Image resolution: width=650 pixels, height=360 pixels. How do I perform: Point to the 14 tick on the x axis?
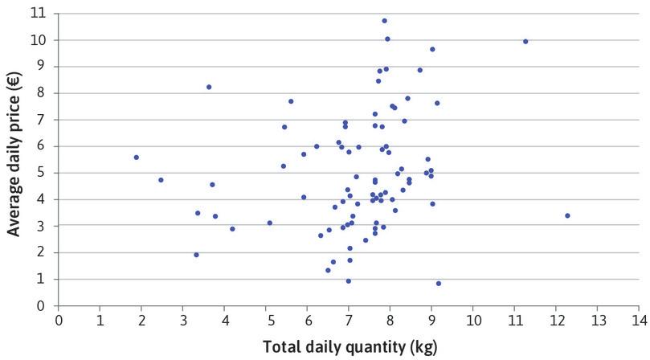click(638, 320)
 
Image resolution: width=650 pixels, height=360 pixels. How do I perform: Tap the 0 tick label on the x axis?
click(59, 320)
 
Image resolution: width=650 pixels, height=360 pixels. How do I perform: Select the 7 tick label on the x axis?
click(348, 320)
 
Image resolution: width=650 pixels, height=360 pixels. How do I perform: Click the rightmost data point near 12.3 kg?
click(567, 215)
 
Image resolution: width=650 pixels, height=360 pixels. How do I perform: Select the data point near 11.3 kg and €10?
click(525, 41)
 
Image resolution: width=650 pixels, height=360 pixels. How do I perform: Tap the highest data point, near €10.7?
click(384, 21)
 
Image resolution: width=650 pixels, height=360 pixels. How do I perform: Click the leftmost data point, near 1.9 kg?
click(137, 157)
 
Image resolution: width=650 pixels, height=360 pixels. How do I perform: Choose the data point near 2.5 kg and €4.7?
click(161, 180)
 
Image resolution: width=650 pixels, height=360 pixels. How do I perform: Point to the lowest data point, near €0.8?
click(439, 284)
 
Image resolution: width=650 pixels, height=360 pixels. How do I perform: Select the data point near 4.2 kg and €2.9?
click(232, 229)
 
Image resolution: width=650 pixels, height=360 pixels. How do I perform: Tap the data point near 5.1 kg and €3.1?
click(270, 223)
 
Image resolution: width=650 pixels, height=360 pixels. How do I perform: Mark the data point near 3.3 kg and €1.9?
click(196, 255)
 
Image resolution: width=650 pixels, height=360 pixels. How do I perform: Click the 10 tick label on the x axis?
click(472, 320)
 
